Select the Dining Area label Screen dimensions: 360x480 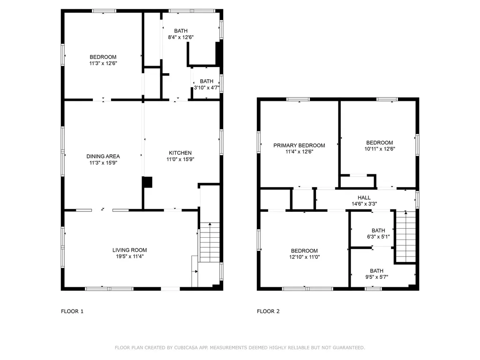(x=103, y=157)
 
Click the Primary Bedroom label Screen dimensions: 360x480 (x=299, y=145)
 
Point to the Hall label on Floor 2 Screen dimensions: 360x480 (x=364, y=198)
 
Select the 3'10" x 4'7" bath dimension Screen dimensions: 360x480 (x=206, y=87)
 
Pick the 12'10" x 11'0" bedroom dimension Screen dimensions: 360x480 (x=304, y=257)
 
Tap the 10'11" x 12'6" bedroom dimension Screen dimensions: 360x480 (x=379, y=149)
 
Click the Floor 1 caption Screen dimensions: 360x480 (x=72, y=311)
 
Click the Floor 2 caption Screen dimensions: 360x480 (x=268, y=311)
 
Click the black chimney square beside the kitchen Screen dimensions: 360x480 (x=147, y=182)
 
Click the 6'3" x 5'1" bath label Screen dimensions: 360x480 (x=378, y=233)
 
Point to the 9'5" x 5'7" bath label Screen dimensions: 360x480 (x=376, y=274)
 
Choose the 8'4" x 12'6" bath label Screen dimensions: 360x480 (x=181, y=34)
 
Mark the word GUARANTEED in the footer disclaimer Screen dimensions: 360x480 (x=349, y=347)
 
